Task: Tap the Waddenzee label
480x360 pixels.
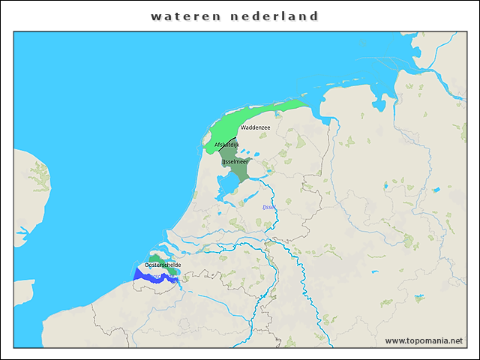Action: pos(255,127)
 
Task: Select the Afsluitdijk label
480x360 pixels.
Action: pos(226,144)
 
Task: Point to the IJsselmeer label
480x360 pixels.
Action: pos(235,160)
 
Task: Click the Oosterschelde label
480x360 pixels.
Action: pos(163,265)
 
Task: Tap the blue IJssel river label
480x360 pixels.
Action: pos(269,207)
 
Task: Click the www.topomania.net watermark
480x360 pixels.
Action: pos(424,340)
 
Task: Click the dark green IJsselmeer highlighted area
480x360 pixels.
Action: pos(238,171)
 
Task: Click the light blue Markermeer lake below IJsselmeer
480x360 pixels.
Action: pos(226,184)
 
